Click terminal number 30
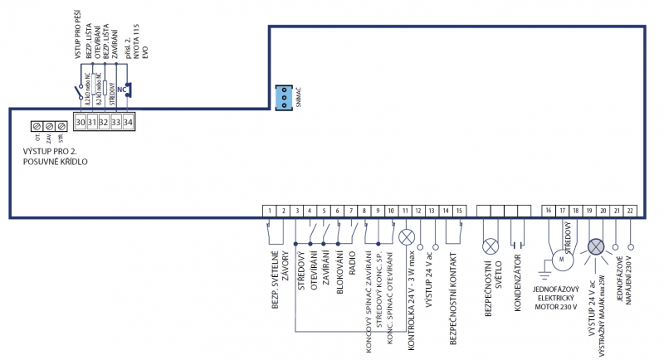pos(80,122)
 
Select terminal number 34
pos(128,122)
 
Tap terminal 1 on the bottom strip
pos(271,212)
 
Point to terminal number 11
pos(406,212)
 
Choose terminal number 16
pos(549,212)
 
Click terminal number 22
pos(631,212)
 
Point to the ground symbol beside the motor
pos(544,271)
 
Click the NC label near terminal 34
pos(123,87)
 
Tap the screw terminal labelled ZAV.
pos(49,126)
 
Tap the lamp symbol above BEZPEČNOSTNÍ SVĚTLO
pos(490,246)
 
